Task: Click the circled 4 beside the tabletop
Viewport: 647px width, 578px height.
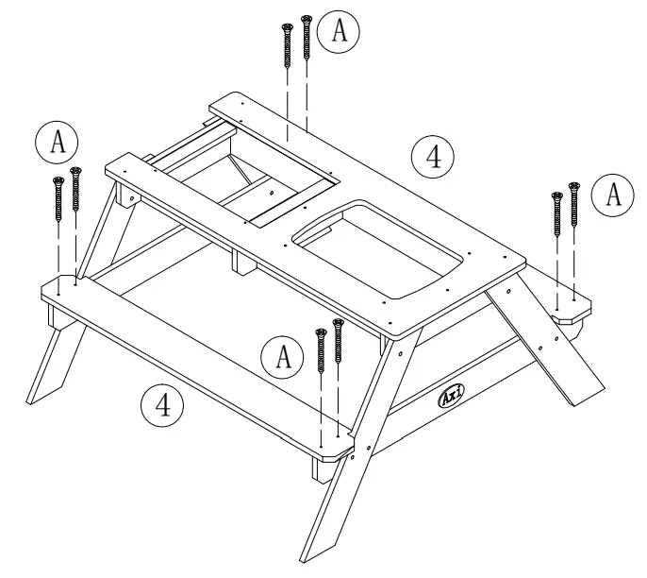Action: click(432, 156)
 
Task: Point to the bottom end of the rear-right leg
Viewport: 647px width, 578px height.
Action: click(589, 390)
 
